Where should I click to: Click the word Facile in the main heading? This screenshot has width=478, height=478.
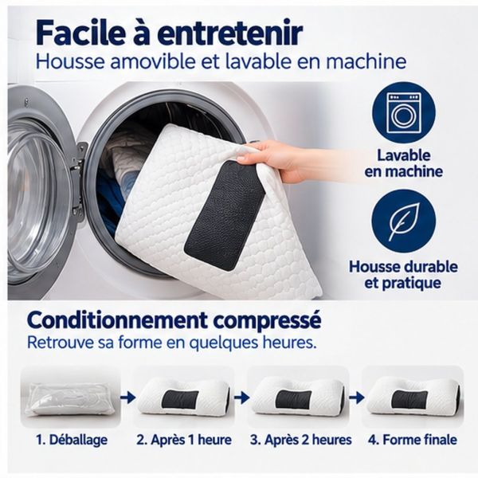point(81,33)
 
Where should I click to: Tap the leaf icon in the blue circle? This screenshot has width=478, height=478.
point(402,221)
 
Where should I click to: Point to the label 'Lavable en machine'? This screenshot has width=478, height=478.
point(403,163)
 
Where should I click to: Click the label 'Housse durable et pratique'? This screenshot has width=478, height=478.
point(403,275)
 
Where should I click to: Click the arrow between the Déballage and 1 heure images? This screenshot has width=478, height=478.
point(128,398)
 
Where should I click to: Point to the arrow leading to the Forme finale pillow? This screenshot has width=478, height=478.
point(357,398)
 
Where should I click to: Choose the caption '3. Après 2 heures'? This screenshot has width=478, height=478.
point(301,440)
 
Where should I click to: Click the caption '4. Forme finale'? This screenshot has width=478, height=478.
point(413,440)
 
